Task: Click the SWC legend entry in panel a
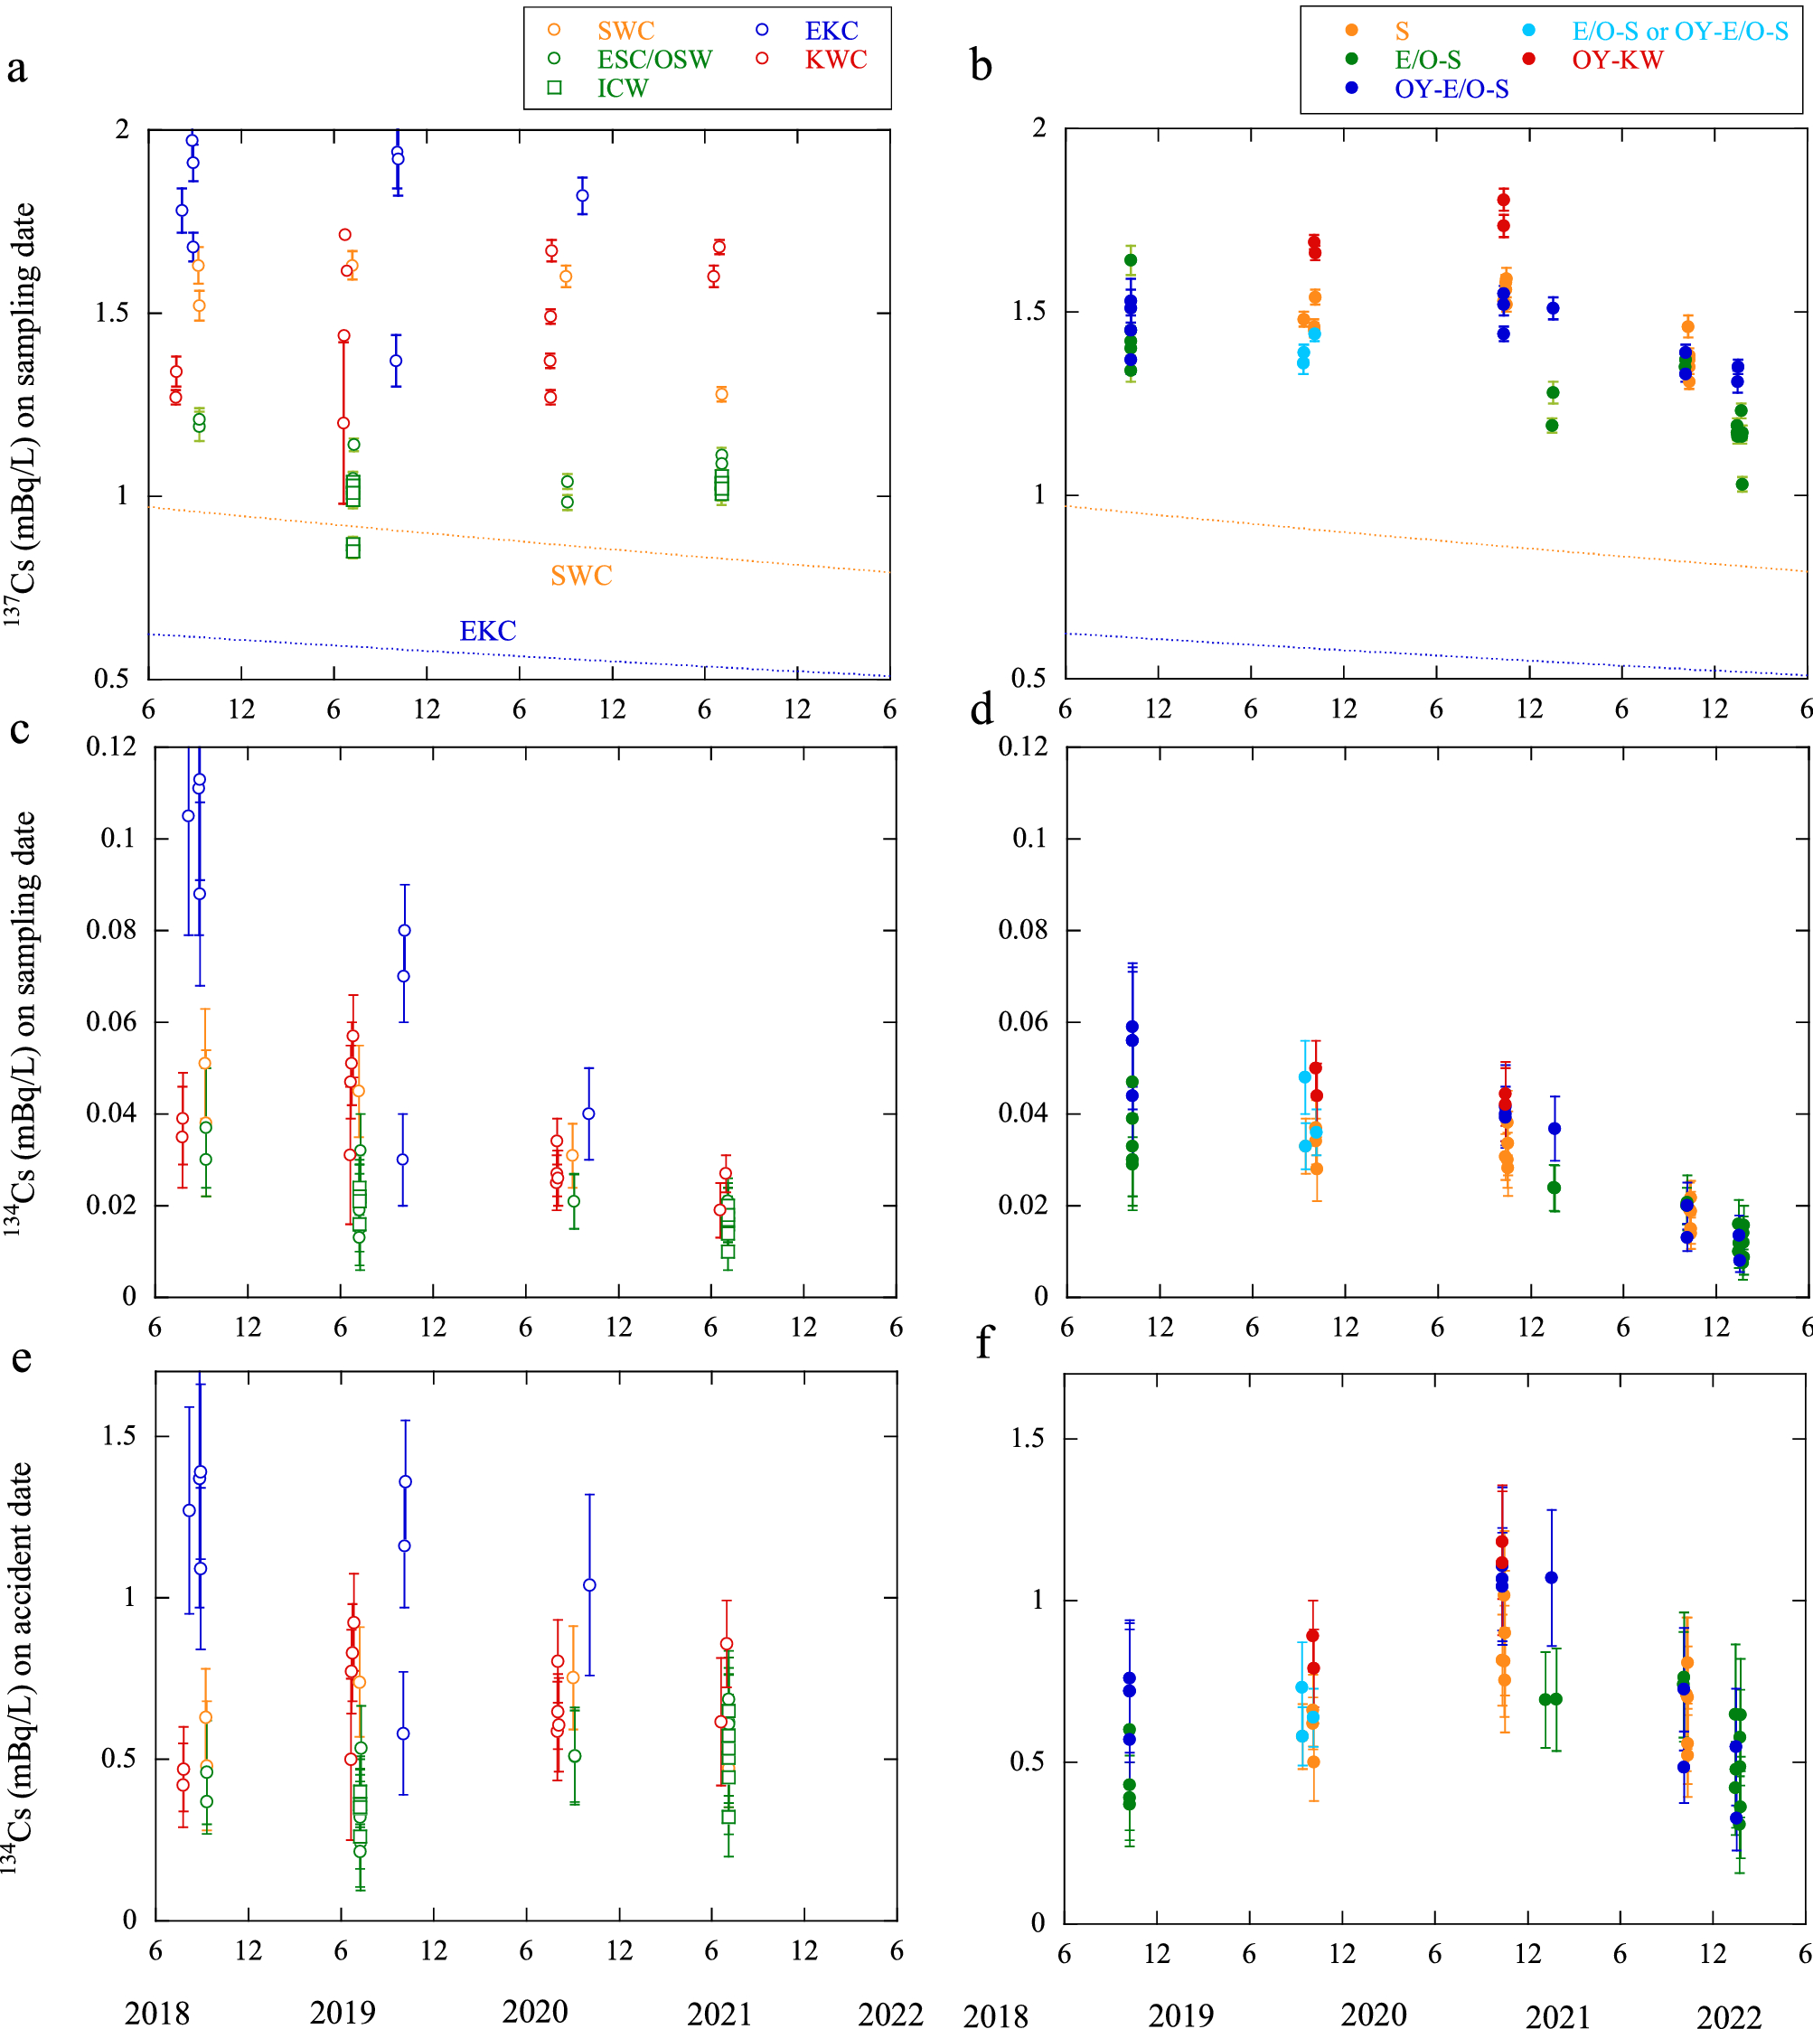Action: coord(625,31)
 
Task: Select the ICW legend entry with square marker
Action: coord(622,89)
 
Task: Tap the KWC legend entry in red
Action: coord(835,60)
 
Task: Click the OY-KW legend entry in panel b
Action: coord(1617,60)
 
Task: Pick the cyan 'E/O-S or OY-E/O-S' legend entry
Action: coord(1679,31)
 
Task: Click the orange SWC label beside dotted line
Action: coord(581,576)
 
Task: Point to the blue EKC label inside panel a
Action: coord(487,631)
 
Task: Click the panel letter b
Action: coord(981,66)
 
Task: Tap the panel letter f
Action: coord(984,1343)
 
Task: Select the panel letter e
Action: coord(21,1357)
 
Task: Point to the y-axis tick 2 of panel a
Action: coord(123,129)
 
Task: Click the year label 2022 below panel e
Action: coord(890,2014)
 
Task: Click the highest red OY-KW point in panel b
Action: coord(1503,201)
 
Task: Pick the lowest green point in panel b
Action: coord(1743,485)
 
